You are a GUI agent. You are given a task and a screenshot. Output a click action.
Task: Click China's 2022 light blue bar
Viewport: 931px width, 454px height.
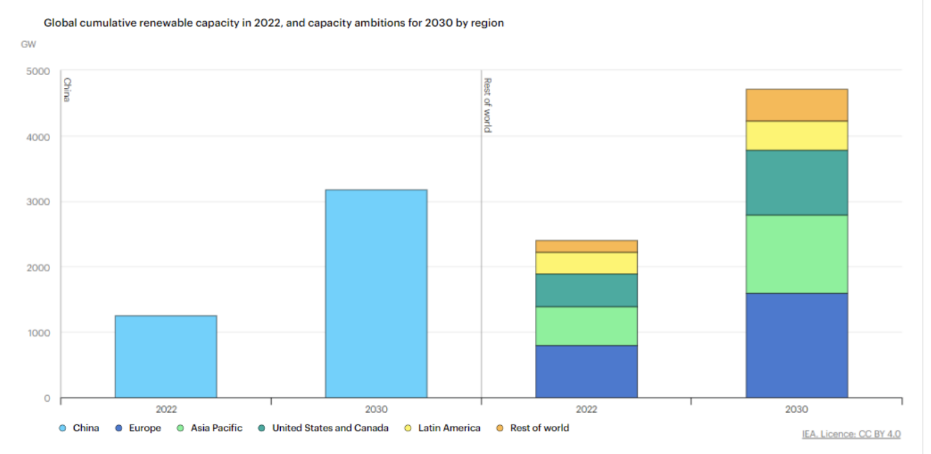165,356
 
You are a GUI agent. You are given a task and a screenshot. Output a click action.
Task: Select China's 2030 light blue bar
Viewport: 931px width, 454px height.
376,293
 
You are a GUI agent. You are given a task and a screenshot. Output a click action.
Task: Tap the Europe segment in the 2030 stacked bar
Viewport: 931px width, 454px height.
796,345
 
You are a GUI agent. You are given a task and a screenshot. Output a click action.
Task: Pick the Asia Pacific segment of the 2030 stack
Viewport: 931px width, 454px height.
796,254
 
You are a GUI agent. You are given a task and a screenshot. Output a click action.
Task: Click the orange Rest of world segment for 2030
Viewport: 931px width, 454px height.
796,105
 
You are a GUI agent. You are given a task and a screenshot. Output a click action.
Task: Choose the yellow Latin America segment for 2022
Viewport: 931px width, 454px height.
586,263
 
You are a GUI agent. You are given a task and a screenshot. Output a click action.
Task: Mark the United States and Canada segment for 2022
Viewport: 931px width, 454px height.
586,290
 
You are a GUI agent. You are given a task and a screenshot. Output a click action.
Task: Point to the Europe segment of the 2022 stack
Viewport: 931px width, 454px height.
586,371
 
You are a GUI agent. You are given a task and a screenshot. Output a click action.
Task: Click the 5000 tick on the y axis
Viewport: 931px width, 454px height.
38,71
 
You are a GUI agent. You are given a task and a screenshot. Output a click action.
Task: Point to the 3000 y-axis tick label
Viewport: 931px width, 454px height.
38,202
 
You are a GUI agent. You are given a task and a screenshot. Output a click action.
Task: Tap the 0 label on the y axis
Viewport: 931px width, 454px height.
47,398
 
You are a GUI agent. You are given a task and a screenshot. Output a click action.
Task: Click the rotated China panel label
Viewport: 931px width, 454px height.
67,89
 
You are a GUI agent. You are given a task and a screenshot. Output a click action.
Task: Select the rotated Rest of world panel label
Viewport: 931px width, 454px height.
487,105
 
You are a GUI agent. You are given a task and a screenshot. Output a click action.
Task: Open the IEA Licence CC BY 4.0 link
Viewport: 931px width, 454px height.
851,434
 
